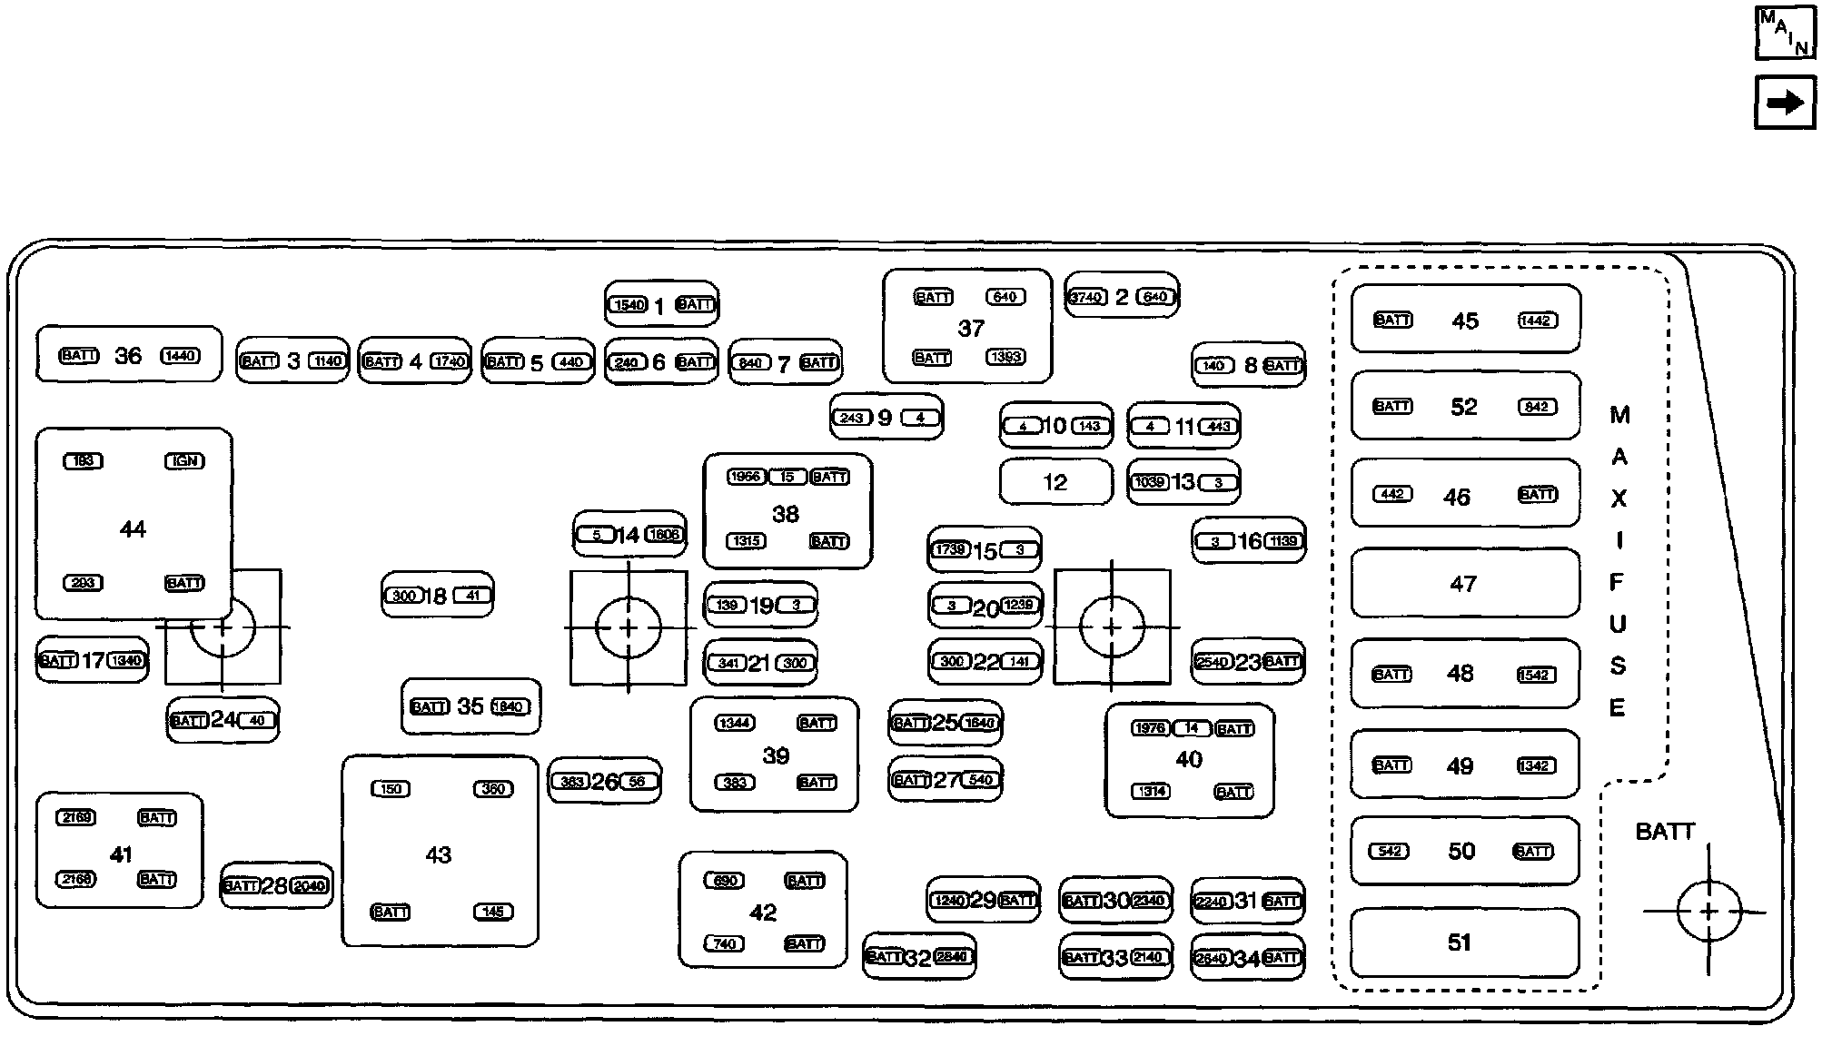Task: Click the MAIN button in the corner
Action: (1785, 33)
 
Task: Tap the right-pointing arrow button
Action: (1785, 103)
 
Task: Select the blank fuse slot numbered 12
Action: (1055, 482)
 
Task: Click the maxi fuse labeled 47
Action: (1464, 584)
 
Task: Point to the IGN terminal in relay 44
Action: (184, 461)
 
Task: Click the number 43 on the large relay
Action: (439, 854)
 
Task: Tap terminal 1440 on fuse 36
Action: (180, 356)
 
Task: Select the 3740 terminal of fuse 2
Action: (1086, 297)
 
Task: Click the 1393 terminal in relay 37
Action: (1005, 357)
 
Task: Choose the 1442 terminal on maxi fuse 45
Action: (1537, 321)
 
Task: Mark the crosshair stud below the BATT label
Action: (1708, 911)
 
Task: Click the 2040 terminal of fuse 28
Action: (309, 886)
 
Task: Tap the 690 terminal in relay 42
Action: (725, 881)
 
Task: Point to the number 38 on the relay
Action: (786, 514)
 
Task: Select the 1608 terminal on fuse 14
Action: (664, 534)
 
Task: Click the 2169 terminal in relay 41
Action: (75, 817)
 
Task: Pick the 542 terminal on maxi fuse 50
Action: (1390, 852)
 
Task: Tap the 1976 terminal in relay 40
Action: (1150, 728)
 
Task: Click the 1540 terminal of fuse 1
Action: (629, 305)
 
